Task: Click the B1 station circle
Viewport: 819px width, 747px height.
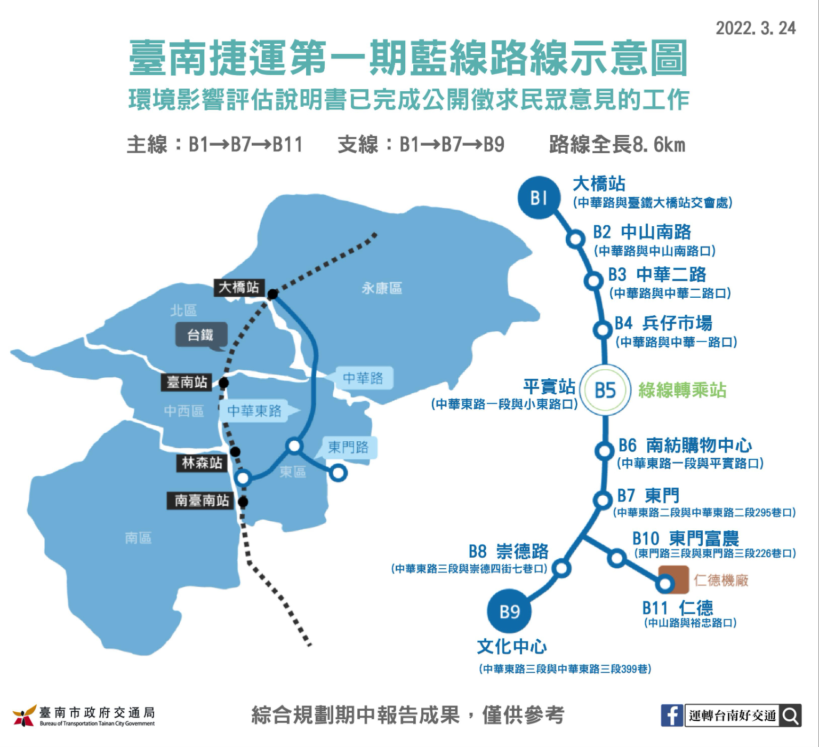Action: [539, 197]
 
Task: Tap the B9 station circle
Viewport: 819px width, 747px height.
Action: [509, 611]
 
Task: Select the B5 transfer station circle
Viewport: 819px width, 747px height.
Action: [605, 390]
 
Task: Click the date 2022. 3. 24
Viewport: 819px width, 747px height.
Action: [755, 28]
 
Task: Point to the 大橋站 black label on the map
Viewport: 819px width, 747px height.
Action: [238, 288]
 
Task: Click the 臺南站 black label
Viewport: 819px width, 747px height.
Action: [187, 382]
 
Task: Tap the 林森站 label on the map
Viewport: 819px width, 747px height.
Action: [202, 463]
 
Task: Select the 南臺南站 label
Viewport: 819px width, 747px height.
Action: [201, 500]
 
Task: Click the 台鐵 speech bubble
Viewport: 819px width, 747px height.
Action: [201, 336]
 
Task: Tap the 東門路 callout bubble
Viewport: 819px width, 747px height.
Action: [348, 447]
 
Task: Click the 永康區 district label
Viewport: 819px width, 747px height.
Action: [382, 289]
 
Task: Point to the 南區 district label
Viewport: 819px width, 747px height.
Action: [138, 538]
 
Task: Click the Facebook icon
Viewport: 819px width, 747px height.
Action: [672, 716]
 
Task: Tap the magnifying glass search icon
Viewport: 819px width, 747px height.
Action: [791, 716]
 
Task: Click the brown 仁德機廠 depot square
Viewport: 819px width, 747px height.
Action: [673, 580]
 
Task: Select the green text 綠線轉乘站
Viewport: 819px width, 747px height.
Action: [682, 390]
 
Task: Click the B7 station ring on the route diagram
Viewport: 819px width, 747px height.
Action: [603, 500]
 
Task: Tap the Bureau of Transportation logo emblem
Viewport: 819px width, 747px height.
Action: [24, 716]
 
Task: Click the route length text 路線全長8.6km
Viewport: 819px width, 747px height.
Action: [617, 145]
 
